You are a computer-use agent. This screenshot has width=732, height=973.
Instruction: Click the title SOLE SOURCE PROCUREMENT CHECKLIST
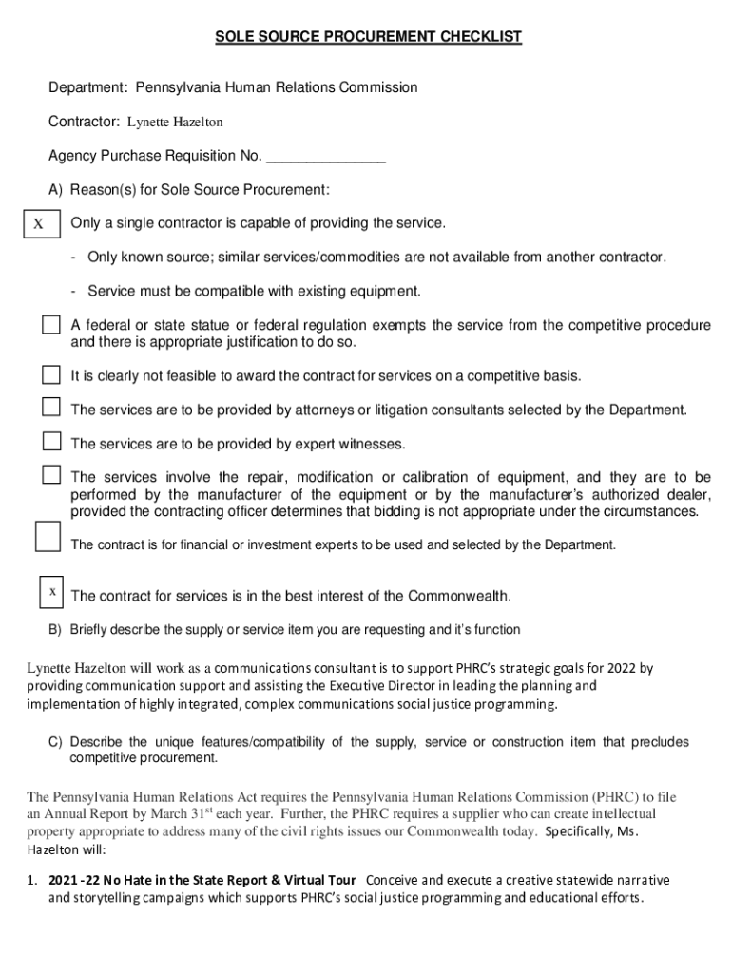pos(368,37)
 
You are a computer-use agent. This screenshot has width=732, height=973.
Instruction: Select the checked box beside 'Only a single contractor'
pos(39,224)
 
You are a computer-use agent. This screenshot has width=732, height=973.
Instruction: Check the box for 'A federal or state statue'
pos(50,326)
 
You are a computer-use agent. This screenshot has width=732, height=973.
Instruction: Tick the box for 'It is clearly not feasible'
pos(50,372)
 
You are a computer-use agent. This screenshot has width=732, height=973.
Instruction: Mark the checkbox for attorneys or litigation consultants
pos(50,408)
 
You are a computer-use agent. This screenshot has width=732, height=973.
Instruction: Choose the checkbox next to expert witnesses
pos(50,441)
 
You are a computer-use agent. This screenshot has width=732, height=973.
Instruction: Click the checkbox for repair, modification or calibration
pos(50,474)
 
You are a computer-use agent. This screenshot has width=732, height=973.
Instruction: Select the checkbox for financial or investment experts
pos(47,536)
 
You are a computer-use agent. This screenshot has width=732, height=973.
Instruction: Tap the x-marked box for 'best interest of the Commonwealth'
pos(52,592)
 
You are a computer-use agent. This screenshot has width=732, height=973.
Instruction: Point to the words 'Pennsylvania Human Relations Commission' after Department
pos(276,87)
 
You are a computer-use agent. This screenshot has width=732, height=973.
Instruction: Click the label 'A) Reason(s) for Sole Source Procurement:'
pos(189,190)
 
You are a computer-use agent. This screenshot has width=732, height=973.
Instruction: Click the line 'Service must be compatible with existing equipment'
pos(253,291)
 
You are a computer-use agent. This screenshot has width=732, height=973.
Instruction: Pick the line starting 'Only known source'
pos(376,258)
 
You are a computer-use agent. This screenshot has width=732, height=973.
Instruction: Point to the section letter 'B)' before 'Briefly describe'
pos(56,630)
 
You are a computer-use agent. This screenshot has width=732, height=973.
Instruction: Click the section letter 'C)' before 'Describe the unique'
pos(56,742)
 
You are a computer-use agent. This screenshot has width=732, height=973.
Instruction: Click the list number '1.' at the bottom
pos(32,879)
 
